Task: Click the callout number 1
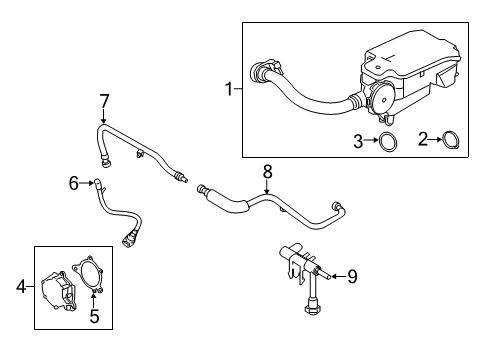(x=229, y=90)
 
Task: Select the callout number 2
(x=423, y=140)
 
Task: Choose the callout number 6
(x=73, y=182)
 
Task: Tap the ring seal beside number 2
(x=451, y=140)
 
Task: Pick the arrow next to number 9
(x=331, y=276)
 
